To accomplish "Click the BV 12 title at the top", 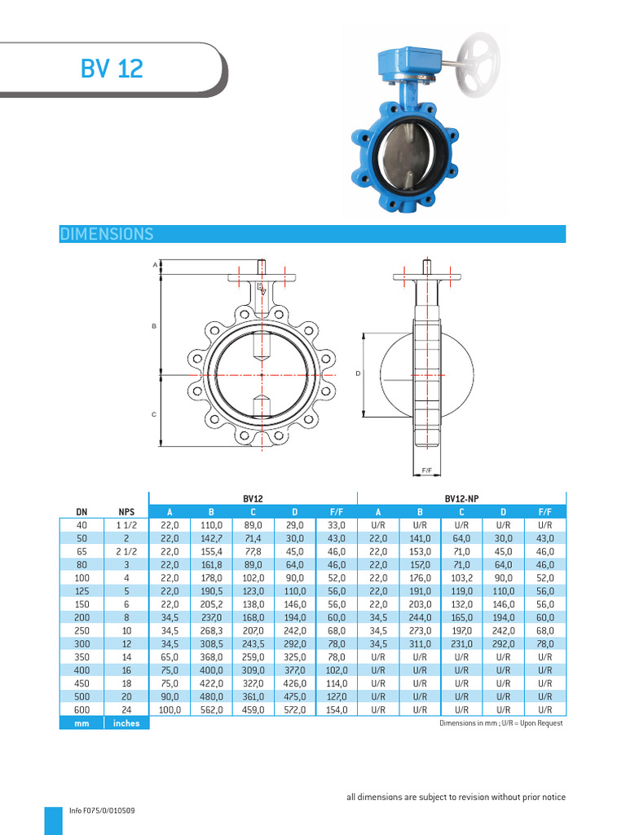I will (x=112, y=69).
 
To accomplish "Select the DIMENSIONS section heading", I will (x=107, y=234).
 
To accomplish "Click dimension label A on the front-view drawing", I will (x=154, y=265).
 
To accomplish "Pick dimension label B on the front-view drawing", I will (x=153, y=326).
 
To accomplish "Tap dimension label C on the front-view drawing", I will (x=153, y=415).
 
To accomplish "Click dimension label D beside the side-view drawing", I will (x=357, y=373).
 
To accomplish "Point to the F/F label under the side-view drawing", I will (x=426, y=471).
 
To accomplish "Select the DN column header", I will (x=82, y=511).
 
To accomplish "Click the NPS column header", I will (x=126, y=511).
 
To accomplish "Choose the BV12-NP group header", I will (x=461, y=497).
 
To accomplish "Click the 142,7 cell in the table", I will (x=211, y=539).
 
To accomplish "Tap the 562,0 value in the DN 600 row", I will (x=211, y=710).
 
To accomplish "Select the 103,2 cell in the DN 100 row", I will (x=461, y=578).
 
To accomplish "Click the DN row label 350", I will (x=82, y=656).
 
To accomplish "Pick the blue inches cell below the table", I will (x=126, y=723).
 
